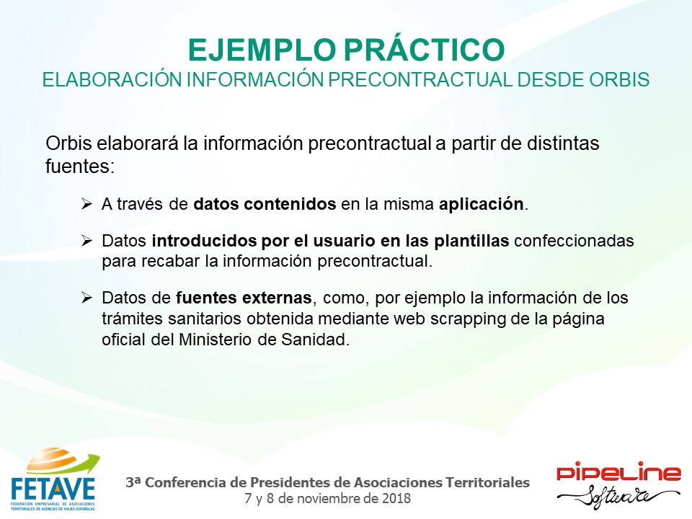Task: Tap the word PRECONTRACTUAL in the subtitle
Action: (x=420, y=79)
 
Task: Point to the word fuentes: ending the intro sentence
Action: (x=80, y=167)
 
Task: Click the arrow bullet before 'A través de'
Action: (x=86, y=204)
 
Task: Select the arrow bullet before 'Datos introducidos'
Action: (x=86, y=241)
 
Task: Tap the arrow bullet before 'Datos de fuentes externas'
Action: (x=86, y=298)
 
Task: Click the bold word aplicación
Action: (x=481, y=204)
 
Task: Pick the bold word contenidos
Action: (x=290, y=204)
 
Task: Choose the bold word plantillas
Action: (x=471, y=241)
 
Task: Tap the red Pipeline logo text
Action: (x=618, y=473)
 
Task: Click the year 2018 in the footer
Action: (x=396, y=499)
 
